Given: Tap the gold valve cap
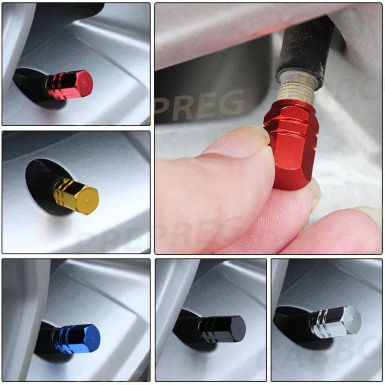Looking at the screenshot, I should [76, 195].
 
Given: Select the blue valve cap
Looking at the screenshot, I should [77, 338].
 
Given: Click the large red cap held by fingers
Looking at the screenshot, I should [293, 144].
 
